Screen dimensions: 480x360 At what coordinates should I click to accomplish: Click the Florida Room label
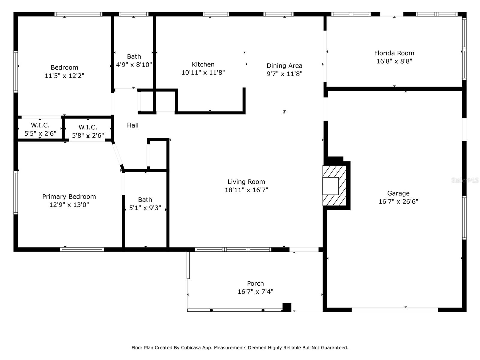pyautogui.click(x=394, y=53)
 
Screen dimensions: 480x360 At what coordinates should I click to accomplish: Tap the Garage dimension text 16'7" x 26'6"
pyautogui.click(x=398, y=201)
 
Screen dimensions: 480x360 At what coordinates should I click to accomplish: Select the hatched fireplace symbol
pyautogui.click(x=334, y=186)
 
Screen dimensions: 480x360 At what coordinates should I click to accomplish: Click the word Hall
pyautogui.click(x=133, y=125)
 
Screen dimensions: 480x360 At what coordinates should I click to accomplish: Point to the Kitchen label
pyautogui.click(x=203, y=64)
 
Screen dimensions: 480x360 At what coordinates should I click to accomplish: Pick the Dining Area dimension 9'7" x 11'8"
pyautogui.click(x=284, y=74)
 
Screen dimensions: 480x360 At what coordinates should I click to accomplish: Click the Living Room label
pyautogui.click(x=246, y=182)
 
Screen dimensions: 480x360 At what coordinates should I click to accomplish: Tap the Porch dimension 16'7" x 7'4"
pyautogui.click(x=255, y=292)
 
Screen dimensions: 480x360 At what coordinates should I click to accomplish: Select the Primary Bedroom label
pyautogui.click(x=69, y=197)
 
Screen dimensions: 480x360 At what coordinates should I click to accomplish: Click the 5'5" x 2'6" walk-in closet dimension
pyautogui.click(x=40, y=133)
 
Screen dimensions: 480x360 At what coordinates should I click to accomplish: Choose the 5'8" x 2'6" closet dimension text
pyautogui.click(x=88, y=136)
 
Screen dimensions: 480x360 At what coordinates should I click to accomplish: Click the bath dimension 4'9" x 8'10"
pyautogui.click(x=134, y=65)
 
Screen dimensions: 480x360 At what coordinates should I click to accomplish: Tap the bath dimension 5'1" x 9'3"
pyautogui.click(x=145, y=208)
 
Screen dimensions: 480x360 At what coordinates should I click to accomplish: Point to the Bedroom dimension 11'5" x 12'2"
pyautogui.click(x=64, y=76)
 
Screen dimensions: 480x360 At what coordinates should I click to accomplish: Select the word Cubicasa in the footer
pyautogui.click(x=191, y=347)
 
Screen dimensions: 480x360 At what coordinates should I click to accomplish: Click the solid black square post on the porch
pyautogui.click(x=287, y=307)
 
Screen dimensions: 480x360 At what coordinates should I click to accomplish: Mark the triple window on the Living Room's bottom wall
pyautogui.click(x=233, y=249)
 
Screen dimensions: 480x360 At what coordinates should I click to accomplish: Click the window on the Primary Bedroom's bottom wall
pyautogui.click(x=82, y=249)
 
